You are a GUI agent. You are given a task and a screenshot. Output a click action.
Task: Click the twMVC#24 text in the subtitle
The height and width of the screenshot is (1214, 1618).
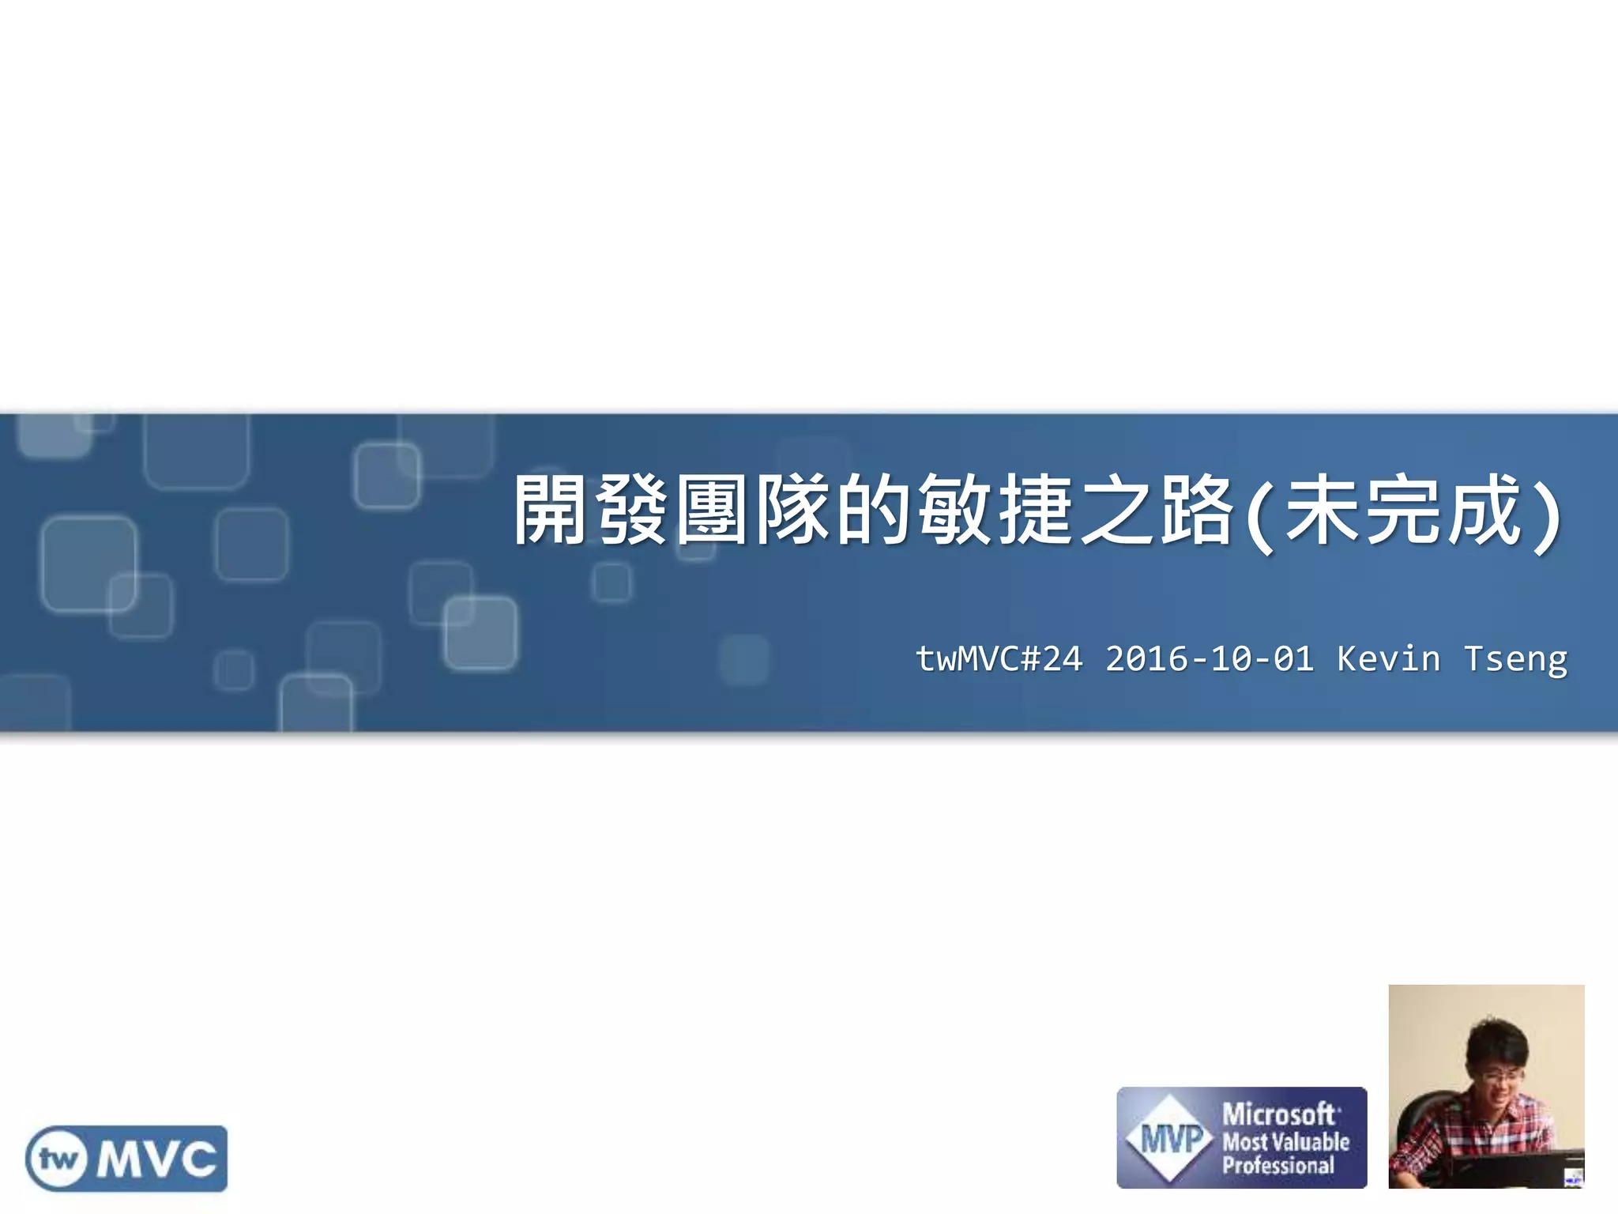[x=999, y=659]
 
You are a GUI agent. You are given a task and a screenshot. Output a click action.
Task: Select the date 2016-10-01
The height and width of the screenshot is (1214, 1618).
[x=1210, y=659]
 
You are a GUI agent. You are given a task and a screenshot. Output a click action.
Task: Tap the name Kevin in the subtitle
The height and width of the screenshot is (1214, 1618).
[x=1389, y=659]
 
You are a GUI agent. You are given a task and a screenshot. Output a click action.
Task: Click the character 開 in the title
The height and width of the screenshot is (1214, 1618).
[x=551, y=510]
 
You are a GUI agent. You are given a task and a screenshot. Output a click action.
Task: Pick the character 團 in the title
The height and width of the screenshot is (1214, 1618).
[x=712, y=510]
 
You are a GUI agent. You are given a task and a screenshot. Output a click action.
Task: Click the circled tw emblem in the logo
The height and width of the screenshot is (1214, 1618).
[x=58, y=1159]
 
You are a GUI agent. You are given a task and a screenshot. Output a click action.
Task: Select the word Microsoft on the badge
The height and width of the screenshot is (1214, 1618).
[x=1279, y=1114]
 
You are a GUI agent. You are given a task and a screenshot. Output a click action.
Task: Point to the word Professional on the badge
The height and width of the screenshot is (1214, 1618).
[x=1278, y=1166]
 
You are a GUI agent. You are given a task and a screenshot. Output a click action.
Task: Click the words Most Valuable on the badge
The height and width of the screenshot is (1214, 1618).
[x=1286, y=1141]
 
